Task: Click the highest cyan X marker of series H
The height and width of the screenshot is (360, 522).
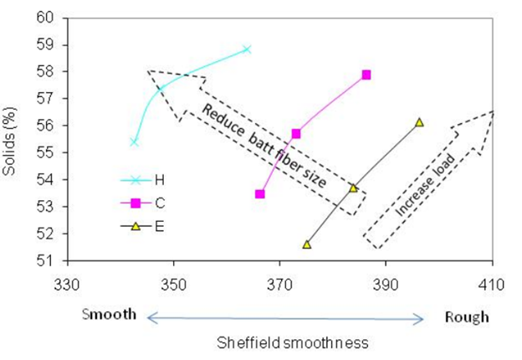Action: point(247,49)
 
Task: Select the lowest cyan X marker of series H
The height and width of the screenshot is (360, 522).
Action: point(134,142)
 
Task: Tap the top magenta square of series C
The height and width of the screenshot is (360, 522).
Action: point(366,75)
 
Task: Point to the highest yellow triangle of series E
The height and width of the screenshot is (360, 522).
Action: point(419,122)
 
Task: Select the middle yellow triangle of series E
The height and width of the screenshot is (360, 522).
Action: point(354,188)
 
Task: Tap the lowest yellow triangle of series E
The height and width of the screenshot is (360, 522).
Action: point(307,244)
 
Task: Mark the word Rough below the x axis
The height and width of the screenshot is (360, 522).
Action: point(467,317)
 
